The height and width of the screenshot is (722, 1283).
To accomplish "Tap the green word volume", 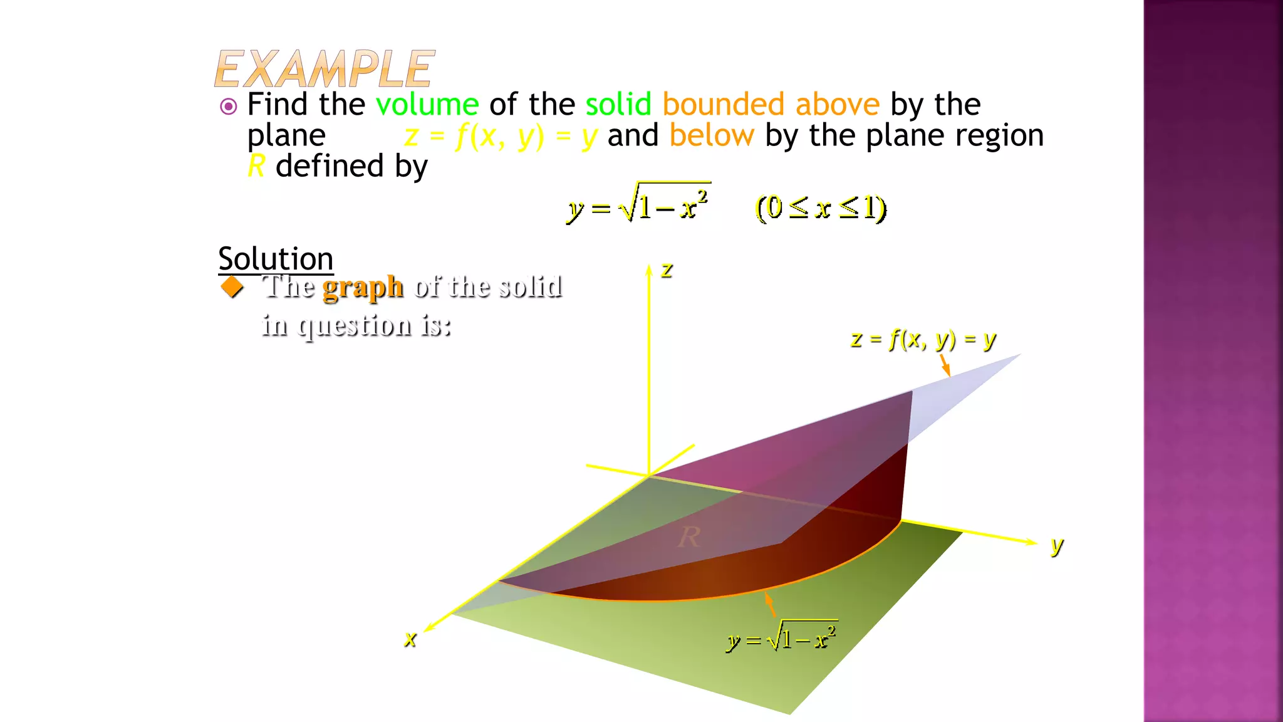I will click(x=427, y=104).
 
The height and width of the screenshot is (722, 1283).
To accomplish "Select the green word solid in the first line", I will click(x=618, y=104).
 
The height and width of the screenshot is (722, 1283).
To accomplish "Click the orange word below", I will click(x=712, y=135).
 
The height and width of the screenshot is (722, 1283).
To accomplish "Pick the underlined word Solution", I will click(x=276, y=259).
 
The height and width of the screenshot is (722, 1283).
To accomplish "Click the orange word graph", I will click(x=363, y=287).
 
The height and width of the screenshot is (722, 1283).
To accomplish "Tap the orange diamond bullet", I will click(x=232, y=287).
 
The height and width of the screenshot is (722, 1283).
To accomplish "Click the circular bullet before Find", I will click(x=229, y=107).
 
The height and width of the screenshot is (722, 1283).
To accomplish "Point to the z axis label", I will click(x=667, y=270).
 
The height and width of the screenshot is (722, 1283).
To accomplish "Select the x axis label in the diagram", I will click(x=410, y=639).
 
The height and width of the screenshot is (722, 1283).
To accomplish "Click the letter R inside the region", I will click(x=689, y=537).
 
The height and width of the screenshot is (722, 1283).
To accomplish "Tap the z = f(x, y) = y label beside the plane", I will click(x=923, y=340).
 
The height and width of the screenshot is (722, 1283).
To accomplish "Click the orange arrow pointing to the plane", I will click(x=945, y=365).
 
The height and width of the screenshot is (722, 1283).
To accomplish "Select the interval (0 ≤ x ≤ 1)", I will click(x=821, y=208).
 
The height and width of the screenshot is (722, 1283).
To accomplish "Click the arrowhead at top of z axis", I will click(x=649, y=269).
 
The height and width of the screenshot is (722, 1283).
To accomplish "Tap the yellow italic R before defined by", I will click(x=256, y=166).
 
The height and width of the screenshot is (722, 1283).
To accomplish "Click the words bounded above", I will click(x=771, y=104).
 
